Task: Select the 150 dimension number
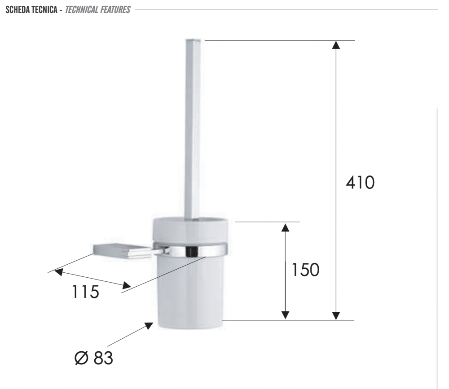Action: [305, 270]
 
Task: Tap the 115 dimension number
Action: [86, 292]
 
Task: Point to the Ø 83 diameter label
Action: [94, 358]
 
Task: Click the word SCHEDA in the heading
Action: [17, 10]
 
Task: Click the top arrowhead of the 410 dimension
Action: [336, 45]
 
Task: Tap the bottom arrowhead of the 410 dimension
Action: [336, 316]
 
